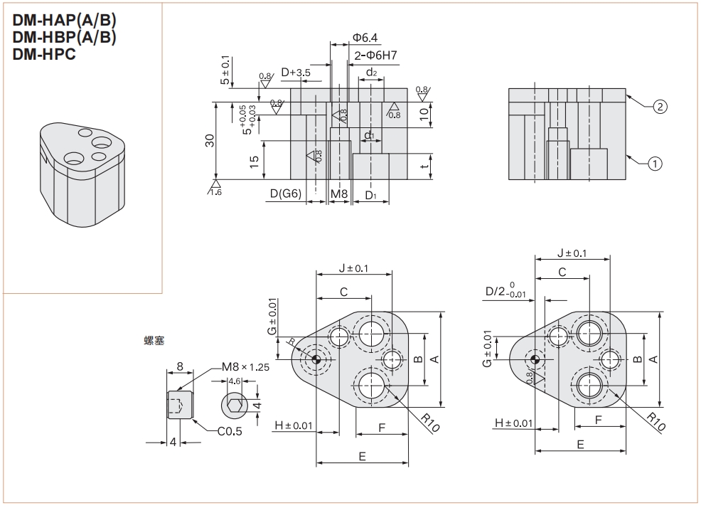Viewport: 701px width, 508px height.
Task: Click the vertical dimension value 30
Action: [x=210, y=140]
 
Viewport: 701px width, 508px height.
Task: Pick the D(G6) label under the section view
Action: [x=285, y=194]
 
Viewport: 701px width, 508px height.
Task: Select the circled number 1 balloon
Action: [x=655, y=164]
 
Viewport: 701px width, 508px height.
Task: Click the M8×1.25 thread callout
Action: [x=245, y=367]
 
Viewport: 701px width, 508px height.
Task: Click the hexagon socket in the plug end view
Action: [x=236, y=406]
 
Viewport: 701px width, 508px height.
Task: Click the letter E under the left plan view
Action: [x=362, y=456]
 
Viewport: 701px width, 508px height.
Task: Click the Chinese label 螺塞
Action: [x=154, y=341]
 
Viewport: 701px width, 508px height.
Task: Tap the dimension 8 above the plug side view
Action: [x=180, y=366]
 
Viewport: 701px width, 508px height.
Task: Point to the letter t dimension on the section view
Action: [x=424, y=166]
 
